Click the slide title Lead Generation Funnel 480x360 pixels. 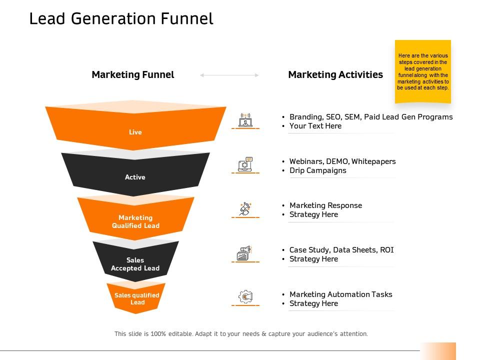[121, 18]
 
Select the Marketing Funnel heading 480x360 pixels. [133, 74]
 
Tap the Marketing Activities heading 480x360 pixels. [335, 74]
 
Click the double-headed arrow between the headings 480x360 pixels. [229, 75]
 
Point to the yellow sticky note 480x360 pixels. [423, 71]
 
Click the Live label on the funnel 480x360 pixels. [135, 132]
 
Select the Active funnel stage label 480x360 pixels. [135, 177]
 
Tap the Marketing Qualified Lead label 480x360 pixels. [135, 221]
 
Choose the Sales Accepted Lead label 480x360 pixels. [135, 264]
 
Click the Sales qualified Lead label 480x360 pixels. [137, 299]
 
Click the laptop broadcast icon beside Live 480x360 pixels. [245, 120]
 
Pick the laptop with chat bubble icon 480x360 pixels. [245, 164]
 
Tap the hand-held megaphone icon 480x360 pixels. [245, 209]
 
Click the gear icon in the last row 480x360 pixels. [245, 296]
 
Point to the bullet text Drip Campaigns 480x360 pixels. [318, 170]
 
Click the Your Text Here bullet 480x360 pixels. [315, 126]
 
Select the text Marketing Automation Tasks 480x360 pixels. [340, 294]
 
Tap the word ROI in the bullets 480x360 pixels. [386, 250]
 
